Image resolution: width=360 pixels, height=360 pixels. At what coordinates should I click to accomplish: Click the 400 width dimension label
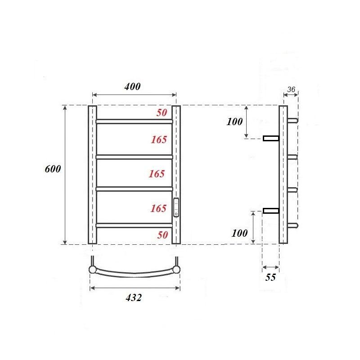tap(133, 86)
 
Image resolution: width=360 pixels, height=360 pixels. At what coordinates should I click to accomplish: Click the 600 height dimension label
tap(53, 169)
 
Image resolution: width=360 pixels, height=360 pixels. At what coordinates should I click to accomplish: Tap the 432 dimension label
tap(134, 297)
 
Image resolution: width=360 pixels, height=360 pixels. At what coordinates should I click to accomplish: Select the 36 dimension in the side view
tap(291, 90)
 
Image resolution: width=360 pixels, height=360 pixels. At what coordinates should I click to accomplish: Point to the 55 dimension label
tap(270, 277)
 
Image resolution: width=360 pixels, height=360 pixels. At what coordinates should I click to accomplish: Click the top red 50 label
tap(162, 113)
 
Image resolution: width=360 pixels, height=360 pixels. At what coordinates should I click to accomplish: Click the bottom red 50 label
tap(162, 234)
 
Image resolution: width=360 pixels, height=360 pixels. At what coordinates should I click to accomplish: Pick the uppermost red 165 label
tap(159, 139)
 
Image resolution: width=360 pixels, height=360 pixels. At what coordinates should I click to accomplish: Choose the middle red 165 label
tap(157, 174)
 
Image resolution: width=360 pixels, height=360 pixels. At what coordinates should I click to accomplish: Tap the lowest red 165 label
tap(159, 208)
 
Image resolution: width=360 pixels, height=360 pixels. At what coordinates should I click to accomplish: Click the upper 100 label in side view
tap(234, 121)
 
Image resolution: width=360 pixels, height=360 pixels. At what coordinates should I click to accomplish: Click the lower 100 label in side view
tap(240, 233)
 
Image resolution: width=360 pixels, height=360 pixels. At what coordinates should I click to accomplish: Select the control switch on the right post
tap(176, 207)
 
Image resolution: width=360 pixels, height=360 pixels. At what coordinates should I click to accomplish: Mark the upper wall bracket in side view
tap(271, 138)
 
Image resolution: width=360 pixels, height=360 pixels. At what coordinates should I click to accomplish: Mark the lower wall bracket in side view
tap(271, 211)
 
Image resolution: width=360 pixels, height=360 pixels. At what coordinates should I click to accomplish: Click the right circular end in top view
tap(177, 270)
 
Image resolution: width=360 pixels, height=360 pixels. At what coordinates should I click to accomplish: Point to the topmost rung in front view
tap(134, 121)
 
